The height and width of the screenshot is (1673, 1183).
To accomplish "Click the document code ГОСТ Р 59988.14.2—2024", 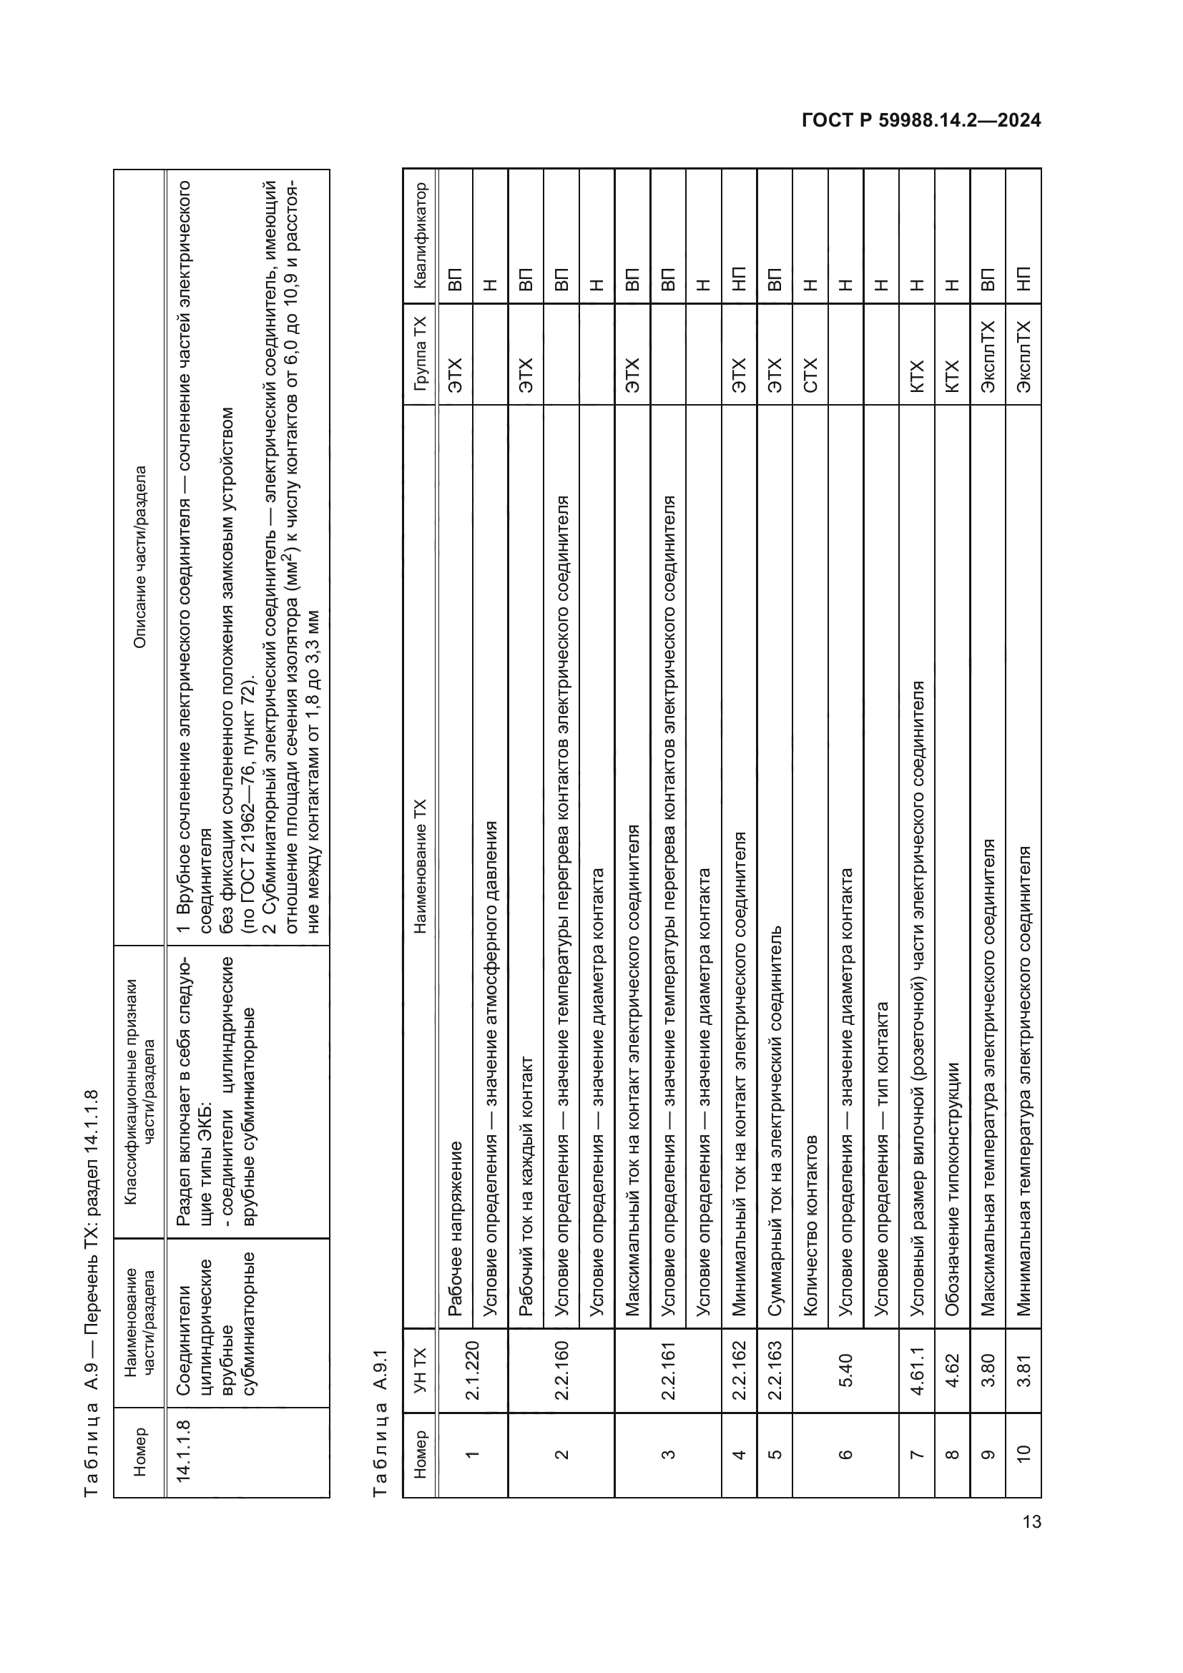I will pyautogui.click(x=921, y=121).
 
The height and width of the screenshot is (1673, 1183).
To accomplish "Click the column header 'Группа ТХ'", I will pyautogui.click(x=420, y=353).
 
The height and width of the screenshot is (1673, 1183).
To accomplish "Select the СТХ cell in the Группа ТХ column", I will pyautogui.click(x=810, y=376).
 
